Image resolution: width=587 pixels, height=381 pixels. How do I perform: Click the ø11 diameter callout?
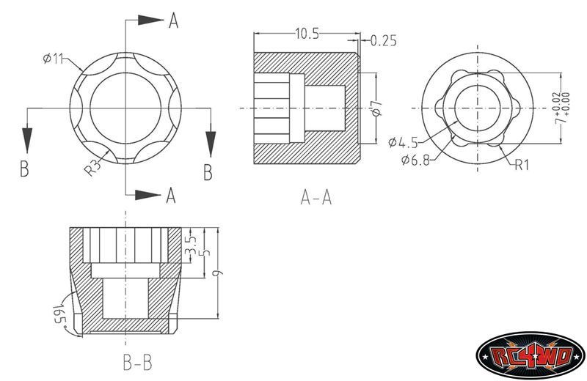pos(53,59)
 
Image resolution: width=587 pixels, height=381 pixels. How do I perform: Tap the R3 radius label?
pos(93,168)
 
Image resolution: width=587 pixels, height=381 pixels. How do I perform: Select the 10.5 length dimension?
pos(307,34)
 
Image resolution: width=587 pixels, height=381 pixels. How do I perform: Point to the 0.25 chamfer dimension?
pos(383,40)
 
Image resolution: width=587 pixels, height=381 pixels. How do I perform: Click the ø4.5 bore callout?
pos(403,142)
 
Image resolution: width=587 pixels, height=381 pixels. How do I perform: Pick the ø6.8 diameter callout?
pos(415,160)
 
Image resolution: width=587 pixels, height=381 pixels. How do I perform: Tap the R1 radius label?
pos(522,165)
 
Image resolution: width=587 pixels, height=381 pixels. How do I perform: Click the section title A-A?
pos(316,197)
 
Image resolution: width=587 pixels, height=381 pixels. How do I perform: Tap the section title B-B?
pos(137,362)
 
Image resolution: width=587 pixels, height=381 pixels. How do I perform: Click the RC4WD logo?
pos(530,355)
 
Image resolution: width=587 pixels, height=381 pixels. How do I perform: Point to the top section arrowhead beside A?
pos(151,20)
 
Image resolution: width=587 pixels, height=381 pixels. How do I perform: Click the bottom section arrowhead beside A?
pos(148,195)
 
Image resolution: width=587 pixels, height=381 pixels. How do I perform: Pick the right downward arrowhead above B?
pos(211,144)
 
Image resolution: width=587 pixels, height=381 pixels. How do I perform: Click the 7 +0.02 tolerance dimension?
pos(562,108)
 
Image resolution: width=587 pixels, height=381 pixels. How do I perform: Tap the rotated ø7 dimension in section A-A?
pos(377,108)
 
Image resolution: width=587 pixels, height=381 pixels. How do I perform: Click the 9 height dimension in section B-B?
pos(217,273)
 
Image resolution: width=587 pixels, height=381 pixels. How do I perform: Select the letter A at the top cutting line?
pos(173,21)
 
